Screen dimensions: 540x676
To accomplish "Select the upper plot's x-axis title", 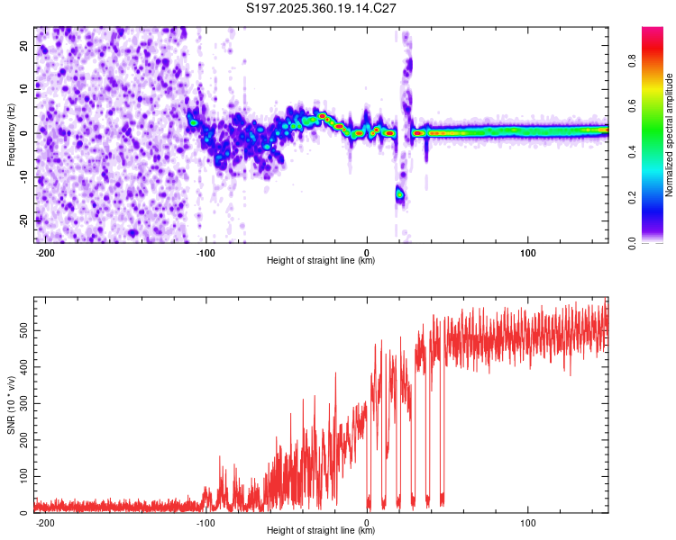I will click(x=321, y=261).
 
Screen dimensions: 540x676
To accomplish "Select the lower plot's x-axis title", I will click(x=321, y=530).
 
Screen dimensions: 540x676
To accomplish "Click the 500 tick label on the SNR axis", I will click(x=21, y=331).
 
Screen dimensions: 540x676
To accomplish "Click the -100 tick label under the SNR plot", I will click(x=206, y=522).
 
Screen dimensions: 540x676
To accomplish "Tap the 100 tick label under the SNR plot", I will click(x=528, y=522).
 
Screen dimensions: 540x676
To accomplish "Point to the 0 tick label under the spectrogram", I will click(x=367, y=252).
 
